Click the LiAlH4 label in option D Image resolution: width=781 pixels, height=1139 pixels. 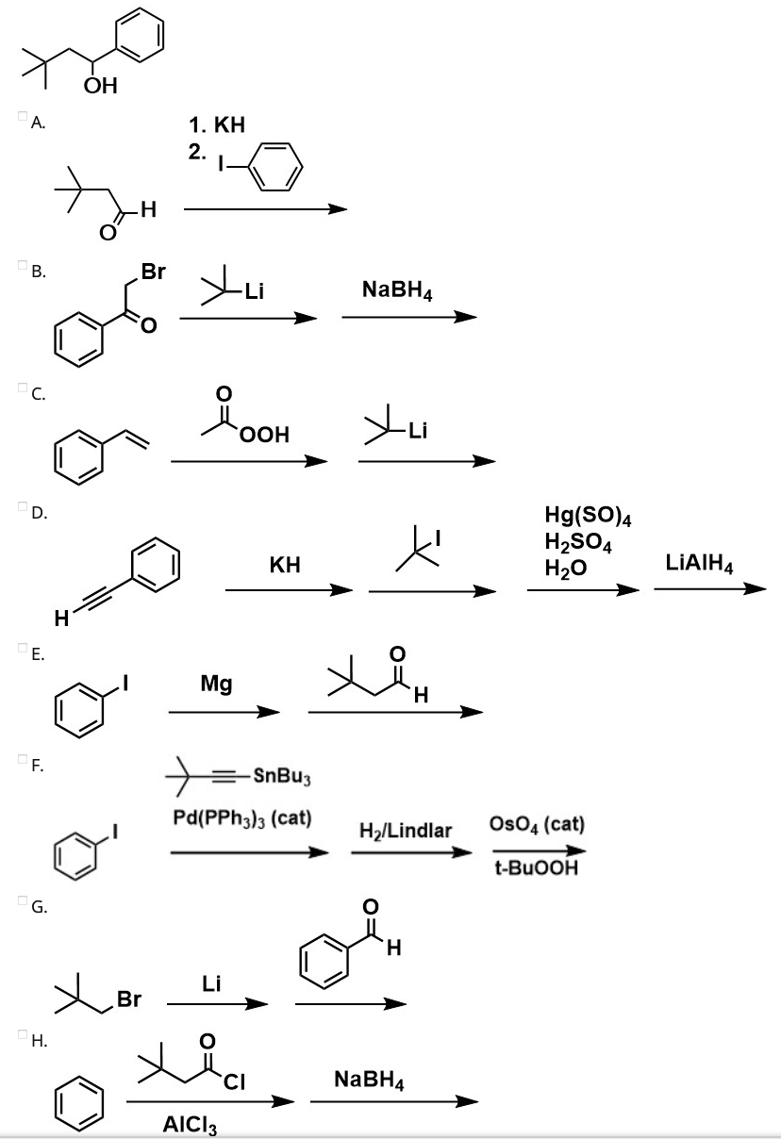click(x=700, y=564)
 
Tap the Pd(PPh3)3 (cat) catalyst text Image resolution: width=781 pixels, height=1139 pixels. click(x=242, y=816)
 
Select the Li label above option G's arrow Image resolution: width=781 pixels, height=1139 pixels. click(x=211, y=984)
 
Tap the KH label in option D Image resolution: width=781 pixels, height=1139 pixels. click(x=284, y=566)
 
